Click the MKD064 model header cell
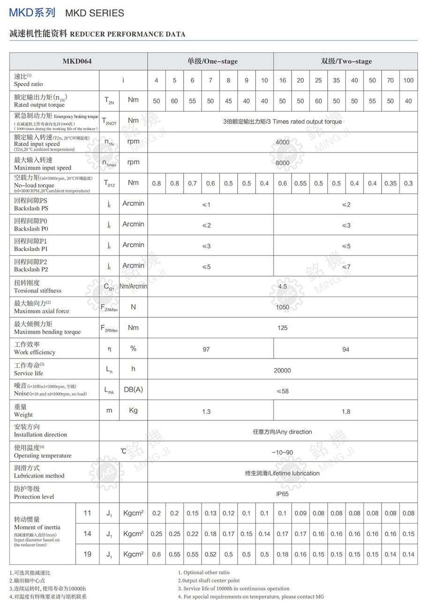coord(77,61)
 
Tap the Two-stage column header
coord(346,61)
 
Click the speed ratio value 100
coord(408,80)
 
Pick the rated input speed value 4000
coord(282,142)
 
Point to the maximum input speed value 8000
coord(282,163)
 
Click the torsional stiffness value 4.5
coord(282,286)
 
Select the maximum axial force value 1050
coord(282,307)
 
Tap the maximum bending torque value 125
coord(282,328)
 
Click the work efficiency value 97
coord(206,349)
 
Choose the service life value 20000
coord(282,370)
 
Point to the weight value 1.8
coord(346,412)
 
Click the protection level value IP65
coord(282,494)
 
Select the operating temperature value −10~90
coord(282,452)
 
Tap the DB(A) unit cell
coord(133,389)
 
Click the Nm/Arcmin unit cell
coord(133,286)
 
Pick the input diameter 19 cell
coord(87,554)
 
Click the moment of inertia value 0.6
coord(156,554)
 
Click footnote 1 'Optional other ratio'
coord(204,572)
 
